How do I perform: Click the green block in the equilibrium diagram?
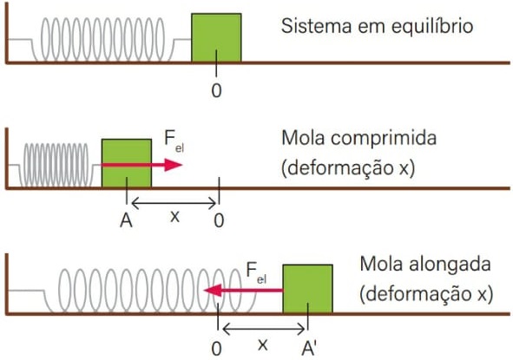[216, 37]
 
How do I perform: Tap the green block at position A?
[127, 163]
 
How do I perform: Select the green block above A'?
[308, 289]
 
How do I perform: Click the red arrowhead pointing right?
[173, 165]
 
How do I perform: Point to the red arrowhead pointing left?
[213, 291]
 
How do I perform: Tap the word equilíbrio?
[432, 27]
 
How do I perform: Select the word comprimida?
[384, 139]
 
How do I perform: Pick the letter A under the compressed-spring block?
[126, 220]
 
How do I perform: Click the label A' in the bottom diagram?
[308, 348]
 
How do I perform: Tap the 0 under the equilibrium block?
[216, 90]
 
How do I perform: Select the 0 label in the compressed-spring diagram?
[219, 220]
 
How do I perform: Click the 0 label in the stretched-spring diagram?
[216, 349]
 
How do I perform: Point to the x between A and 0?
[175, 217]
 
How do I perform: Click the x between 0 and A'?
[263, 344]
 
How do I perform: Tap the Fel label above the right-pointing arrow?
[174, 141]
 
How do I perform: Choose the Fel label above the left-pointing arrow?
[256, 272]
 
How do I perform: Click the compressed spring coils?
[56, 165]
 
